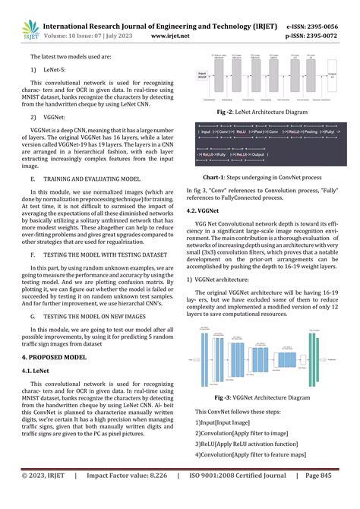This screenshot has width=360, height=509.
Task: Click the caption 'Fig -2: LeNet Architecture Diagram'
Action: click(x=263, y=111)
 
